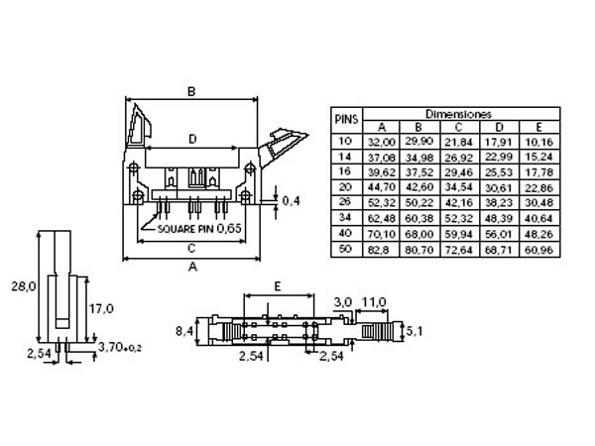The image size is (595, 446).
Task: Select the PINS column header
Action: click(x=345, y=120)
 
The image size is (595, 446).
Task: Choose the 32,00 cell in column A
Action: click(x=380, y=142)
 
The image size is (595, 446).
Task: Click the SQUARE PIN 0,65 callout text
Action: click(x=199, y=229)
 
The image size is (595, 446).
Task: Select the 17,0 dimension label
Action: click(x=100, y=309)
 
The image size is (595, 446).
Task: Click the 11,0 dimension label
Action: click(x=375, y=301)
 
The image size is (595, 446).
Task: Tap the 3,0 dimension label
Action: click(x=343, y=301)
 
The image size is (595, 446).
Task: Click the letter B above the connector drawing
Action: click(x=191, y=91)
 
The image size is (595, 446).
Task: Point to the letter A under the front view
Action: click(x=191, y=266)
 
